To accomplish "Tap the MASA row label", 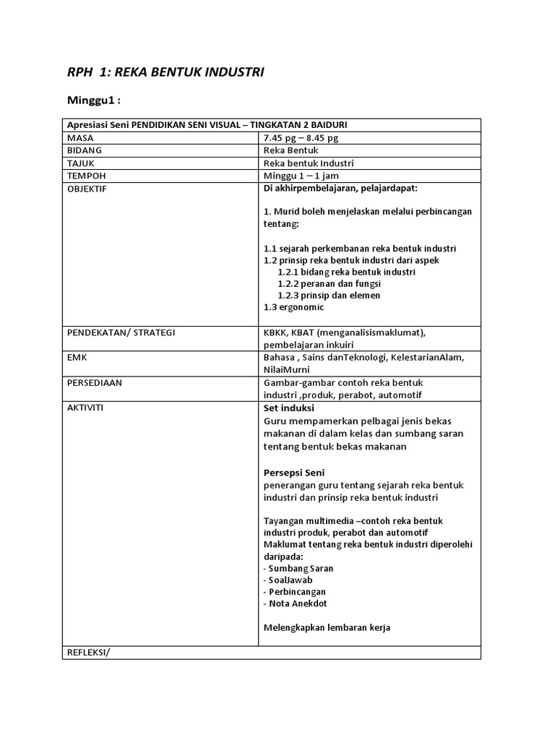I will tap(81, 137).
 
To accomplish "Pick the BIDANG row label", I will tap(85, 150).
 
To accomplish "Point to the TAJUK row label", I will tap(82, 163).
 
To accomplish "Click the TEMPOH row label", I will tap(86, 176).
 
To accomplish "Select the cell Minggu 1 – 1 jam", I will tap(301, 176).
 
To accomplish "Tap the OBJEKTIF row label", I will tap(87, 189).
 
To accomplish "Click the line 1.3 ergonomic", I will tap(293, 307).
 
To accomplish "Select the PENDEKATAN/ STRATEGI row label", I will tap(121, 332).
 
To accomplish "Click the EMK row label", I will tap(77, 358).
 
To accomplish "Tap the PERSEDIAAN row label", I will tap(95, 383).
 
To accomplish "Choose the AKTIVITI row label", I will tap(85, 408).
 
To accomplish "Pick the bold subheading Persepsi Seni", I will tap(294, 473).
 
